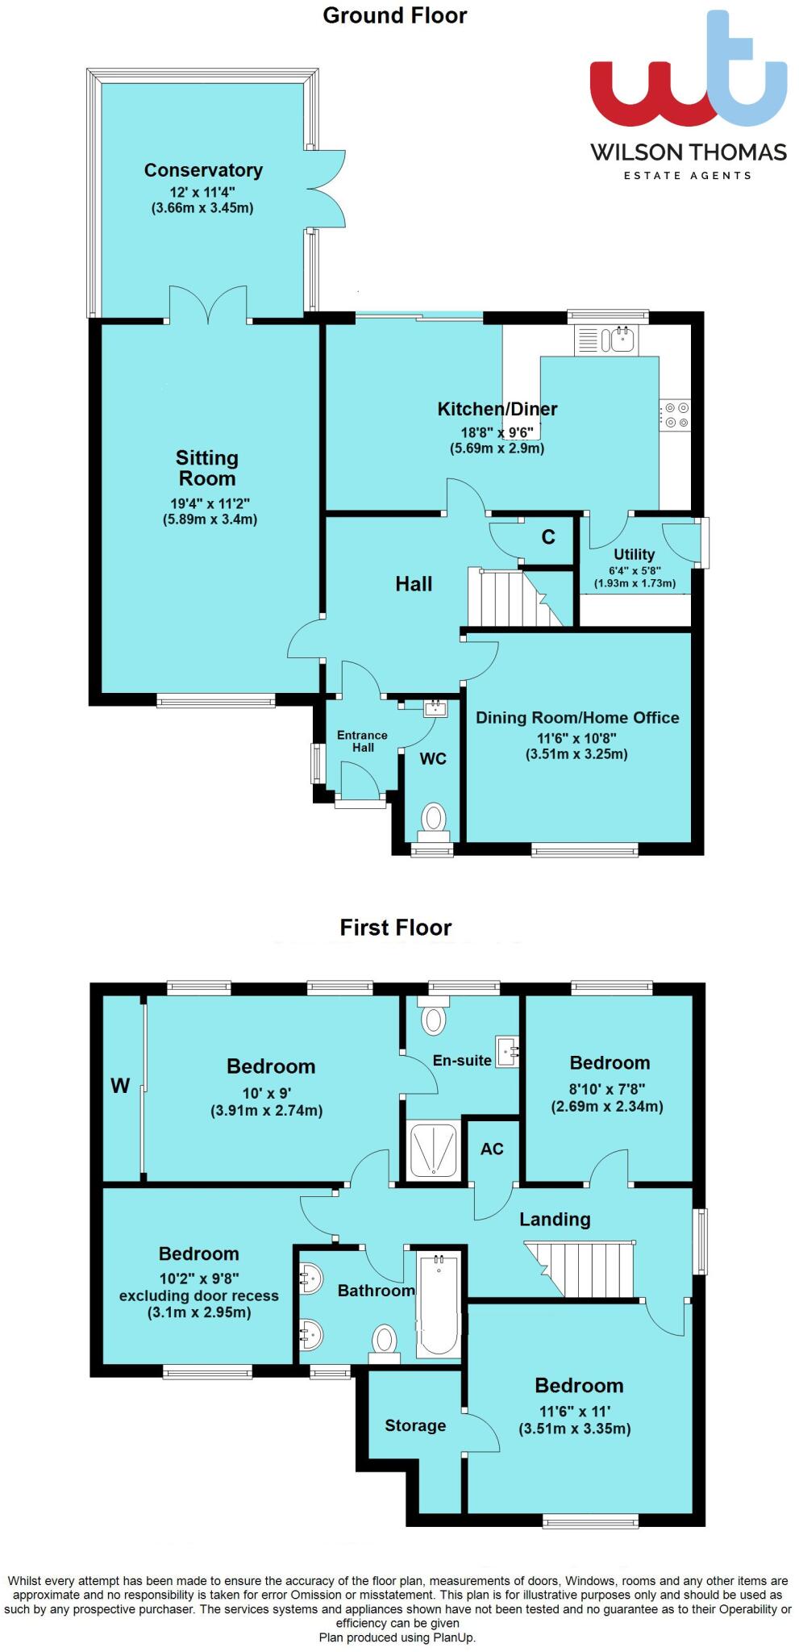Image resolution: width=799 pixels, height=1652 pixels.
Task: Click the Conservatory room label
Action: click(203, 170)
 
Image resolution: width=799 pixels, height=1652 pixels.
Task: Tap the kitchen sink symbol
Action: click(605, 340)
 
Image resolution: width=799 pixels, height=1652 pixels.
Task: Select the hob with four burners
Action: click(675, 415)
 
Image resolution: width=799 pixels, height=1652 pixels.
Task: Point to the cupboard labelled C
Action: click(548, 537)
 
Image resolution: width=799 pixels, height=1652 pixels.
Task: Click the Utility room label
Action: click(634, 554)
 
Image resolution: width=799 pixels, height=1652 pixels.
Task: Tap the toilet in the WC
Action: click(435, 823)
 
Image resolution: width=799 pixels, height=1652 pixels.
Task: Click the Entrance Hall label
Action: click(362, 740)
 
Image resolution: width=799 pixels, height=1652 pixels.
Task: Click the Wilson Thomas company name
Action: click(689, 152)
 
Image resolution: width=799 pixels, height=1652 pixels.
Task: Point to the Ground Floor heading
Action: click(394, 15)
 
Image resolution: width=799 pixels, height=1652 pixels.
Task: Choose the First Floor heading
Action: click(395, 928)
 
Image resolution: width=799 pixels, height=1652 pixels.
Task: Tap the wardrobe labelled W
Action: click(121, 1086)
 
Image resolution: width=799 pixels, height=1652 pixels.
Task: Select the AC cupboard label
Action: click(492, 1149)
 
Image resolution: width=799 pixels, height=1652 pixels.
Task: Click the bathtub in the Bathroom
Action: click(438, 1304)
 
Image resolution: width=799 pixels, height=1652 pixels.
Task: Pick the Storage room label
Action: click(415, 1425)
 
